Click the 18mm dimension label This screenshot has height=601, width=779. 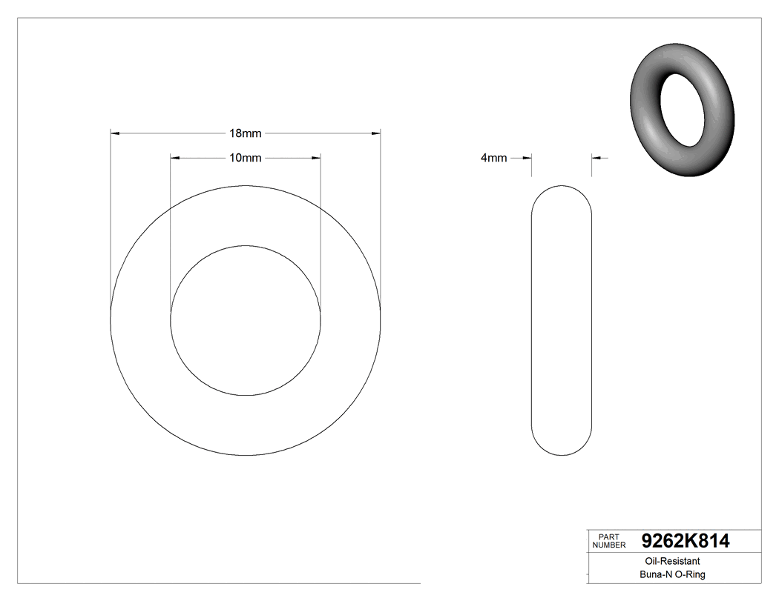pyautogui.click(x=245, y=133)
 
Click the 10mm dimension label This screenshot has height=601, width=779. pyautogui.click(x=245, y=158)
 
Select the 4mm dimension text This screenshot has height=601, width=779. pyautogui.click(x=493, y=158)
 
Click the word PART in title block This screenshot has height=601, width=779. pyautogui.click(x=608, y=537)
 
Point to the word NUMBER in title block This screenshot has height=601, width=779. pyautogui.click(x=609, y=545)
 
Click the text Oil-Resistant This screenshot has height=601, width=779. pyautogui.click(x=669, y=562)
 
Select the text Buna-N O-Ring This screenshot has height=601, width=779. pyautogui.click(x=672, y=574)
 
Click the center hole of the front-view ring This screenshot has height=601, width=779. pyautogui.click(x=246, y=320)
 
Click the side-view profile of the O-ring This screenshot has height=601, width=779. pyautogui.click(x=562, y=320)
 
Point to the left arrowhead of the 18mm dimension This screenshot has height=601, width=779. pyautogui.click(x=115, y=133)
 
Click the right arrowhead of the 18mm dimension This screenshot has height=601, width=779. pyautogui.click(x=376, y=133)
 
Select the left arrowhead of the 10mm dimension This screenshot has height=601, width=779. pyautogui.click(x=175, y=158)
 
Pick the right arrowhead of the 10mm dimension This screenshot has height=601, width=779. pyautogui.click(x=316, y=158)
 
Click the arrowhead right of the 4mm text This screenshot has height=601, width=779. pyautogui.click(x=527, y=158)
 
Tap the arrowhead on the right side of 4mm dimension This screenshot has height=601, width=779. pyautogui.click(x=596, y=158)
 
